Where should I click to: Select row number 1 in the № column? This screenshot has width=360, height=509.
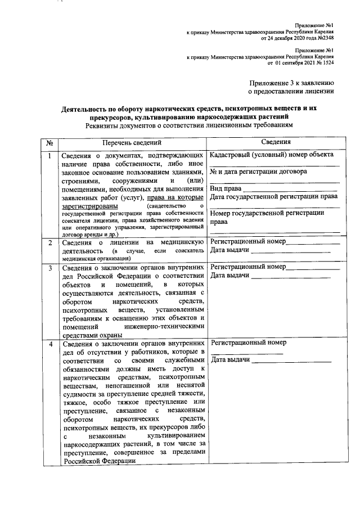(49, 155)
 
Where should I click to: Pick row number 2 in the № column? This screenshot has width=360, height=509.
(49, 242)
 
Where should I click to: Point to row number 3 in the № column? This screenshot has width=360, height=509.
(49, 268)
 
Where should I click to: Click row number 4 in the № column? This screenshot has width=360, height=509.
(49, 344)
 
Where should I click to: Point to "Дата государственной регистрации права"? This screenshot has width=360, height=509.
(273, 197)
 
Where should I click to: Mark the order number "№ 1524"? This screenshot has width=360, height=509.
(323, 64)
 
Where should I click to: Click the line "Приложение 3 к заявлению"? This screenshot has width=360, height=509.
(292, 82)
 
